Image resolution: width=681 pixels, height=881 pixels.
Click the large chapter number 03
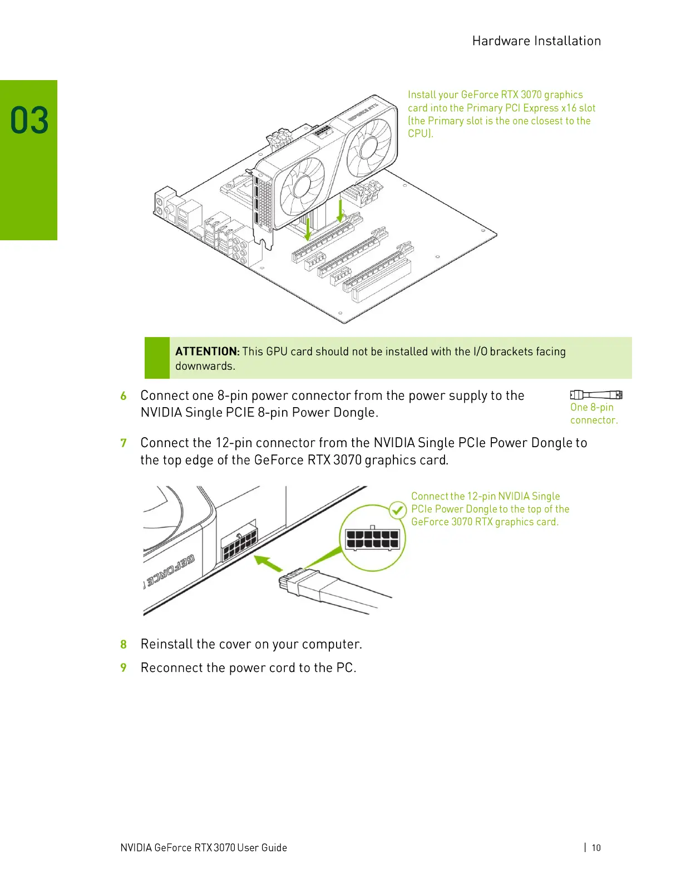pyautogui.click(x=29, y=121)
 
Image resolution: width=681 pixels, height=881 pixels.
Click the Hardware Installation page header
pyautogui.click(x=536, y=41)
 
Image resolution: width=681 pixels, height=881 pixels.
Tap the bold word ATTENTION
pyautogui.click(x=206, y=352)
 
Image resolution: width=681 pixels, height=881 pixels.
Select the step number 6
pyautogui.click(x=124, y=396)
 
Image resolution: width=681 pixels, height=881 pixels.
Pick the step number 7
pyautogui.click(x=124, y=443)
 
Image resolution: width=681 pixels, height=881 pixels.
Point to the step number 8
pyautogui.click(x=124, y=645)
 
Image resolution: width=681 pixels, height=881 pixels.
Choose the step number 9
pyautogui.click(x=124, y=668)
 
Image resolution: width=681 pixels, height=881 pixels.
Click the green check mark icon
pyautogui.click(x=397, y=510)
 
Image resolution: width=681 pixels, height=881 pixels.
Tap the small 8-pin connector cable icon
pyautogui.click(x=596, y=395)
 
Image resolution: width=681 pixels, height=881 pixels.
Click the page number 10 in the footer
pyautogui.click(x=596, y=848)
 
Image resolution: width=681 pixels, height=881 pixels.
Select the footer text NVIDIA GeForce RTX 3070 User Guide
pyautogui.click(x=204, y=848)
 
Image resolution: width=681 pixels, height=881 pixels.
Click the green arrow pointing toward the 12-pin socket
pyautogui.click(x=268, y=563)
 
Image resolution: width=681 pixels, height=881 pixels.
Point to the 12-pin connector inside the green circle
pyautogui.click(x=372, y=539)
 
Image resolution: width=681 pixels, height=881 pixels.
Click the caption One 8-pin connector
pyautogui.click(x=594, y=414)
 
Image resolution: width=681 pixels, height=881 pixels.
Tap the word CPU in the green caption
pyautogui.click(x=418, y=133)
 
